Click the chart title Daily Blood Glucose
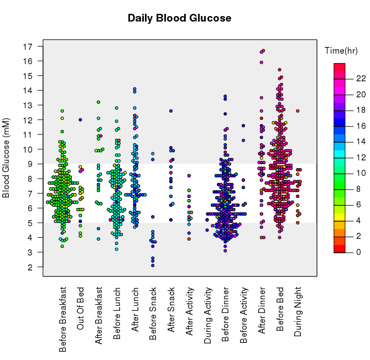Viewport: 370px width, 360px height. (179, 18)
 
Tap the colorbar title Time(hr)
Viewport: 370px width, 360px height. (341, 51)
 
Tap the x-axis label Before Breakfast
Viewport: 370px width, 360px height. (62, 319)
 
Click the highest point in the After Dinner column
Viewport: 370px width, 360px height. (263, 50)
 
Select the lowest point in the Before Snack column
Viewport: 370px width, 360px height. (153, 265)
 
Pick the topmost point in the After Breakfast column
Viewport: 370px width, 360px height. (98, 102)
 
